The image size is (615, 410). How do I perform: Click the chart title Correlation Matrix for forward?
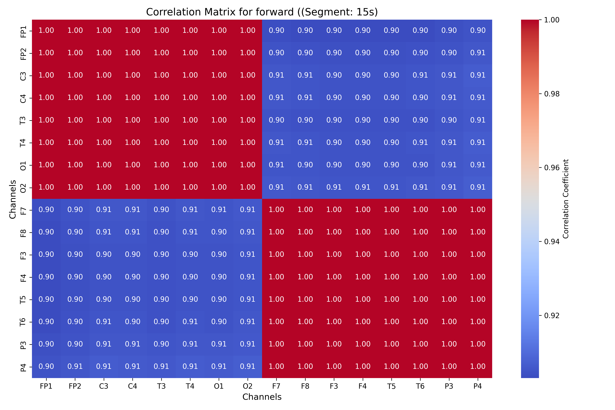point(262,12)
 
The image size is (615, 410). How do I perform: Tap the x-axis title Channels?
point(262,397)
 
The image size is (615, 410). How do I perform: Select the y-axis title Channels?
point(12,199)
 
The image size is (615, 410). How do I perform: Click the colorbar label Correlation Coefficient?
point(566,199)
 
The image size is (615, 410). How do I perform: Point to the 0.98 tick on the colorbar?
point(552,94)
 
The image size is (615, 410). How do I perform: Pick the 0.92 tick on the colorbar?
point(552,316)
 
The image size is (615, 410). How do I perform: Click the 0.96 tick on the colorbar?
point(552,168)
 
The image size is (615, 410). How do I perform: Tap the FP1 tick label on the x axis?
point(46,386)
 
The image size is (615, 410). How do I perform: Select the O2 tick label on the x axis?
point(248,386)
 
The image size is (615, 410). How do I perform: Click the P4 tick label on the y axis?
point(23,367)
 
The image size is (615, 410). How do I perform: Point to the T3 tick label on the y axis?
point(23,120)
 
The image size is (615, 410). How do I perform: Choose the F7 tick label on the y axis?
point(23,210)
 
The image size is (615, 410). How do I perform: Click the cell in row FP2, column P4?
point(478,53)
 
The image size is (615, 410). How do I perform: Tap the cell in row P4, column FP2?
point(75,367)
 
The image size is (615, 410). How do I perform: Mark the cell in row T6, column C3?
point(104,322)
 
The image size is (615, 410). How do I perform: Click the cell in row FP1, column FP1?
point(46,30)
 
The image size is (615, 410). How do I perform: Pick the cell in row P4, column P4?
point(478,367)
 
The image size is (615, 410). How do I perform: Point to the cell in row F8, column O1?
point(219,232)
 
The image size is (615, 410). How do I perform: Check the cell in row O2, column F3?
point(334,187)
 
